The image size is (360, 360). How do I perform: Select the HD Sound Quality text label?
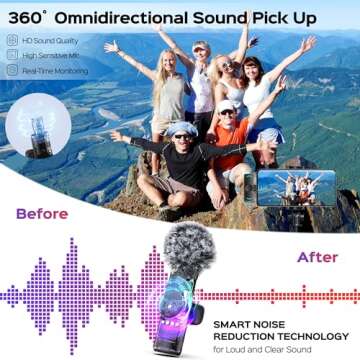pyautogui.click(x=46, y=41)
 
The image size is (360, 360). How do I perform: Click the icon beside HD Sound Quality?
pyautogui.click(x=12, y=41)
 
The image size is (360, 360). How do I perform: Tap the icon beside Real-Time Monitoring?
pyautogui.click(x=12, y=71)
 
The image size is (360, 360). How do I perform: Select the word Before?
pyautogui.click(x=41, y=213)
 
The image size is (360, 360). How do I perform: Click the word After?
pyautogui.click(x=317, y=257)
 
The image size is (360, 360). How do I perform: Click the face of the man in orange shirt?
pyautogui.click(x=227, y=114)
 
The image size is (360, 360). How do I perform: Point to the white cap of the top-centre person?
pyautogui.click(x=201, y=46)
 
